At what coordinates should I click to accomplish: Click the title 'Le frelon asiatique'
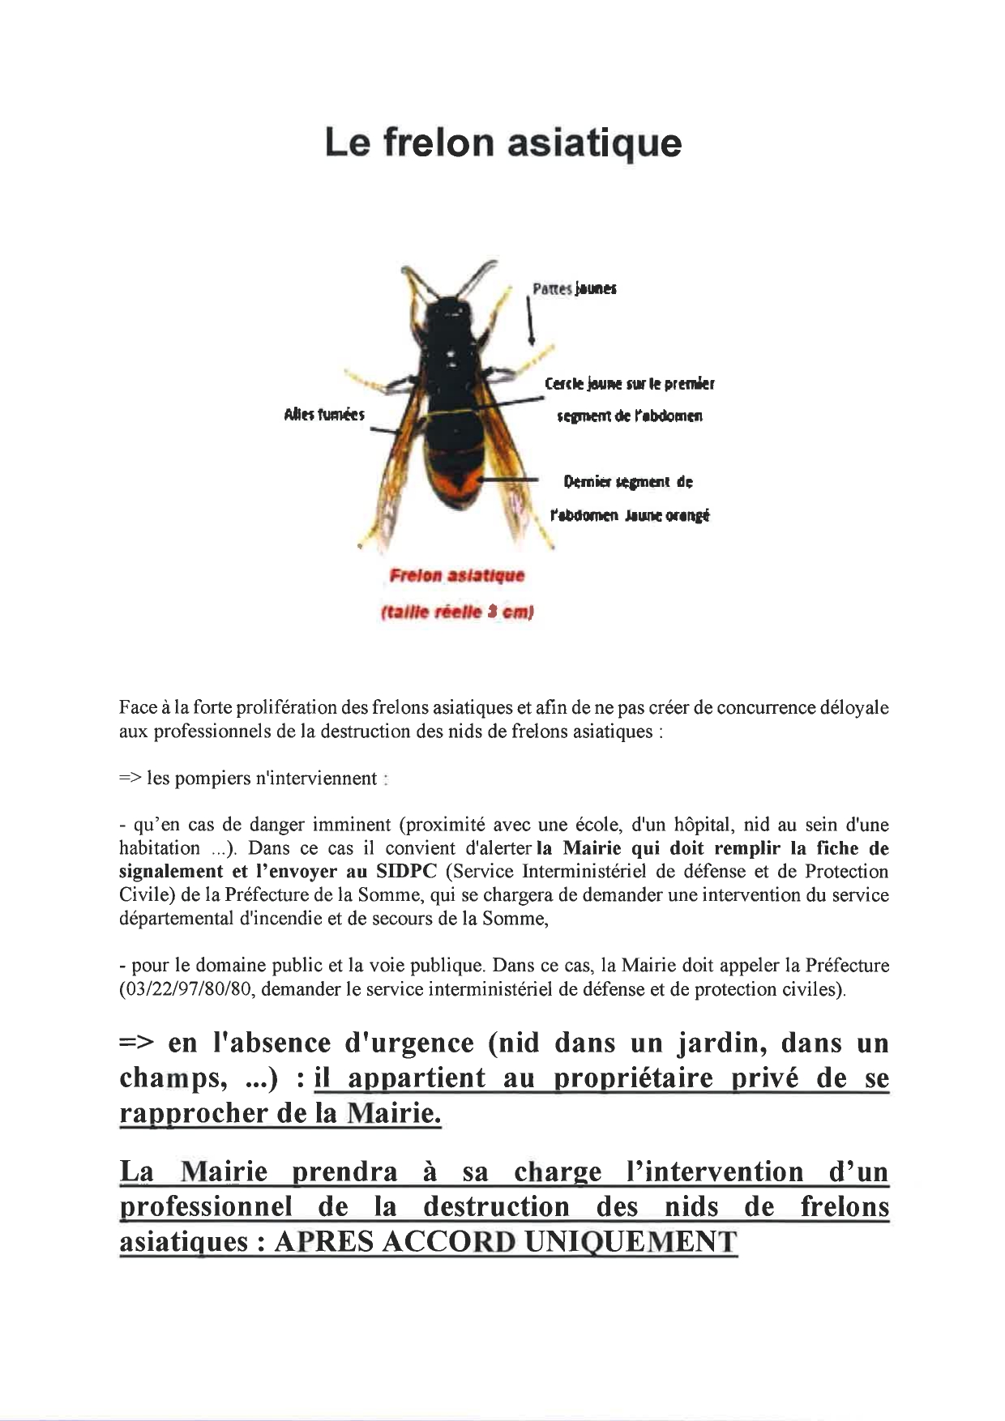tap(502, 143)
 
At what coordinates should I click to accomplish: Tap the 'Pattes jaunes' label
tap(575, 288)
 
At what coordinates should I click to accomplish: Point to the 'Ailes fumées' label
tap(324, 415)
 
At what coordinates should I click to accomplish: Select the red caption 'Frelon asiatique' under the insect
tap(457, 576)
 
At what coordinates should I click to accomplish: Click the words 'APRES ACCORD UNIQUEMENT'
tap(506, 1242)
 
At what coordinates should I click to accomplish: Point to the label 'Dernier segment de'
tap(628, 482)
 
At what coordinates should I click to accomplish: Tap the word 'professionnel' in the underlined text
tap(206, 1207)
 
